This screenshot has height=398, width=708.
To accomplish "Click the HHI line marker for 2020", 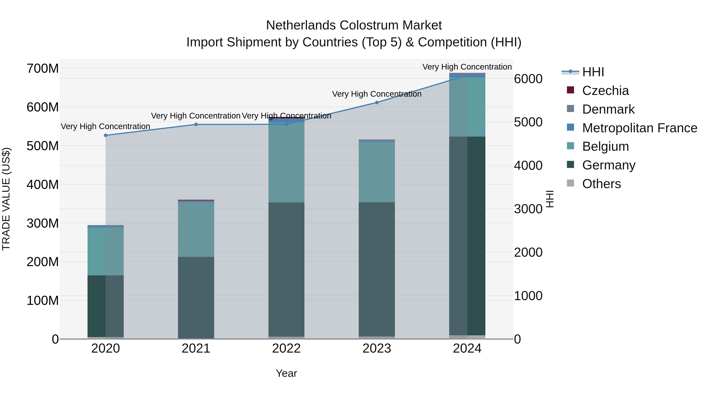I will tap(106, 135).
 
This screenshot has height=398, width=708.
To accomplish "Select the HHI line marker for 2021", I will tap(196, 124).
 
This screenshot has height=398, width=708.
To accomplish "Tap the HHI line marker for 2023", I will tap(377, 102).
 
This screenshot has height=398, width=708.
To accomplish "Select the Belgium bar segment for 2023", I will tap(377, 172).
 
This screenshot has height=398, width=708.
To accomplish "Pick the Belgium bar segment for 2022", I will tap(286, 162).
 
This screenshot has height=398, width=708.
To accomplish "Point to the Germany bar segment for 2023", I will tap(377, 269).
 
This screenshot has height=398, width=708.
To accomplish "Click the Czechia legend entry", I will tap(605, 91).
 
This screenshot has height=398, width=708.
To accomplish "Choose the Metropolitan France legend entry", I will tap(639, 128).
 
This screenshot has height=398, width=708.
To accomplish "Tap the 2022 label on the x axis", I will tap(286, 348).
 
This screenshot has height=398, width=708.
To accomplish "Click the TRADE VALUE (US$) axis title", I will tap(6, 199).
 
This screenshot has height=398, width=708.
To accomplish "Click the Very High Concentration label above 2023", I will tap(377, 94).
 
